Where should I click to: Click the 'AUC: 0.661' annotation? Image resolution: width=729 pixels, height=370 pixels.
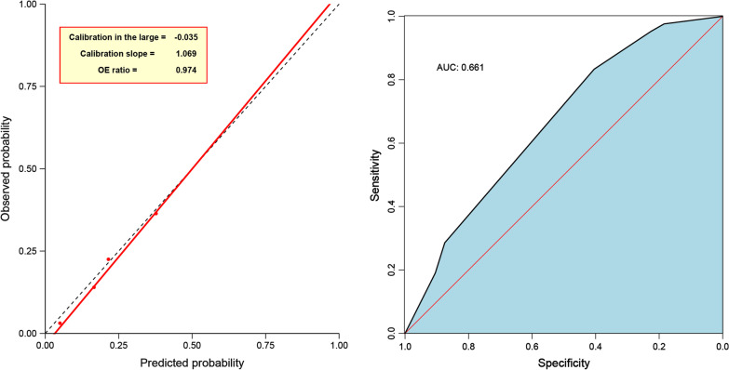coord(460,68)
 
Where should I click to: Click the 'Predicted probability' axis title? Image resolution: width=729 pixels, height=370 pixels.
coord(192,363)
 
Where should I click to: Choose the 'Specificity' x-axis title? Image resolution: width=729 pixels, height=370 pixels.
coord(563,363)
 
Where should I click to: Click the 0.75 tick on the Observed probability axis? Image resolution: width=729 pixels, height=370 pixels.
coord(27,86)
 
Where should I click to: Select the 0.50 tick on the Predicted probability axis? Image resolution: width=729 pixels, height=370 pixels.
coord(192,343)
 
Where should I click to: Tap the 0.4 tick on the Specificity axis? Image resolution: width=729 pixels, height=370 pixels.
coord(595,344)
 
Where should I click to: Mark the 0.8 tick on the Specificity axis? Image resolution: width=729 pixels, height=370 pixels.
coord(468,344)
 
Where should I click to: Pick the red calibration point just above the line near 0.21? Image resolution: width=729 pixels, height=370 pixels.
coord(108,259)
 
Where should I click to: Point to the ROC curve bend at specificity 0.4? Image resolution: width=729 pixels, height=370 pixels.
coord(594,69)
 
